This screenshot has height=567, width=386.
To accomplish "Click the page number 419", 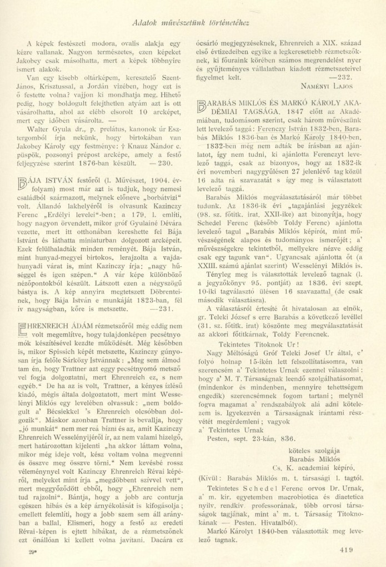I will tap(345, 551).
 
